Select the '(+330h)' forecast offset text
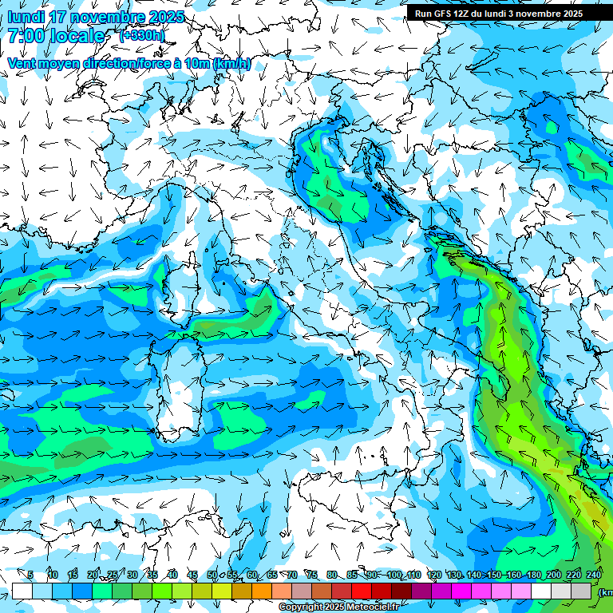pyautogui.click(x=142, y=35)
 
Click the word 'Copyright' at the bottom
pyautogui.click(x=299, y=607)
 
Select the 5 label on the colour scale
pyautogui.click(x=30, y=575)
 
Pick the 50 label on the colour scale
pyautogui.click(x=212, y=575)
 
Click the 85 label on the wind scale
pyautogui.click(x=352, y=575)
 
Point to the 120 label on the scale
pyautogui.click(x=434, y=575)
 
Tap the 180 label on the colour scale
pyautogui.click(x=533, y=575)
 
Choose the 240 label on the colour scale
pyautogui.click(x=594, y=575)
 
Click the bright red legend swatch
pyautogui.click(x=362, y=591)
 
